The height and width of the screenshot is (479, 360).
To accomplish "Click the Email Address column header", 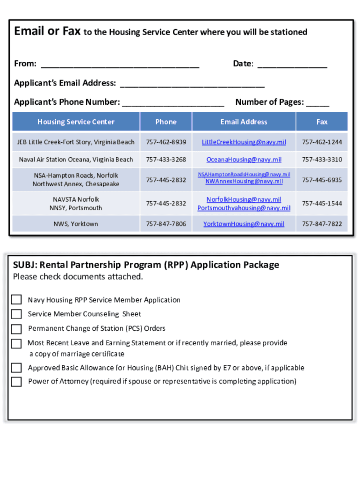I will (x=244, y=122).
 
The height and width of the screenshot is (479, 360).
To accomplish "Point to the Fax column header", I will (x=322, y=122).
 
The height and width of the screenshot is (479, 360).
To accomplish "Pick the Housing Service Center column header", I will (x=76, y=122).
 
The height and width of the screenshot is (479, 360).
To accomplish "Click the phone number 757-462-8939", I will (x=166, y=142).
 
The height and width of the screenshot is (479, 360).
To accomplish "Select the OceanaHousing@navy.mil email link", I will (x=244, y=160).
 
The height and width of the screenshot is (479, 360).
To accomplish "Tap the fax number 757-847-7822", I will (x=322, y=224).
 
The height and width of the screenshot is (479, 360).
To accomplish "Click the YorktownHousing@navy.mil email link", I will (x=244, y=224).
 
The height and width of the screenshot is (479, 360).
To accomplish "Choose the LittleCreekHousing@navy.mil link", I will (x=244, y=142).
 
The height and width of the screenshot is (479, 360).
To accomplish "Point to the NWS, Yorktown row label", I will (x=76, y=224).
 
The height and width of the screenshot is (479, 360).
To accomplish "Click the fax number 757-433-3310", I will (x=322, y=160).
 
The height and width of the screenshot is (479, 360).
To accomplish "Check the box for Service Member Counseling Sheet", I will (x=16, y=314).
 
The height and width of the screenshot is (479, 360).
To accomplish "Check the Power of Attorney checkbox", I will (x=16, y=382).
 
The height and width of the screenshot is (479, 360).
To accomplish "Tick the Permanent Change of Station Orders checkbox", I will (x=16, y=329).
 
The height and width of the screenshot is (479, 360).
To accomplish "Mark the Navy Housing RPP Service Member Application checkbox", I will (x=16, y=300).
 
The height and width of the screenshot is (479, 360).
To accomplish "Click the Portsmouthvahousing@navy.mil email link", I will (x=244, y=208).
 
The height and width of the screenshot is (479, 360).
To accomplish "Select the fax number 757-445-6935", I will (x=322, y=180).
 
